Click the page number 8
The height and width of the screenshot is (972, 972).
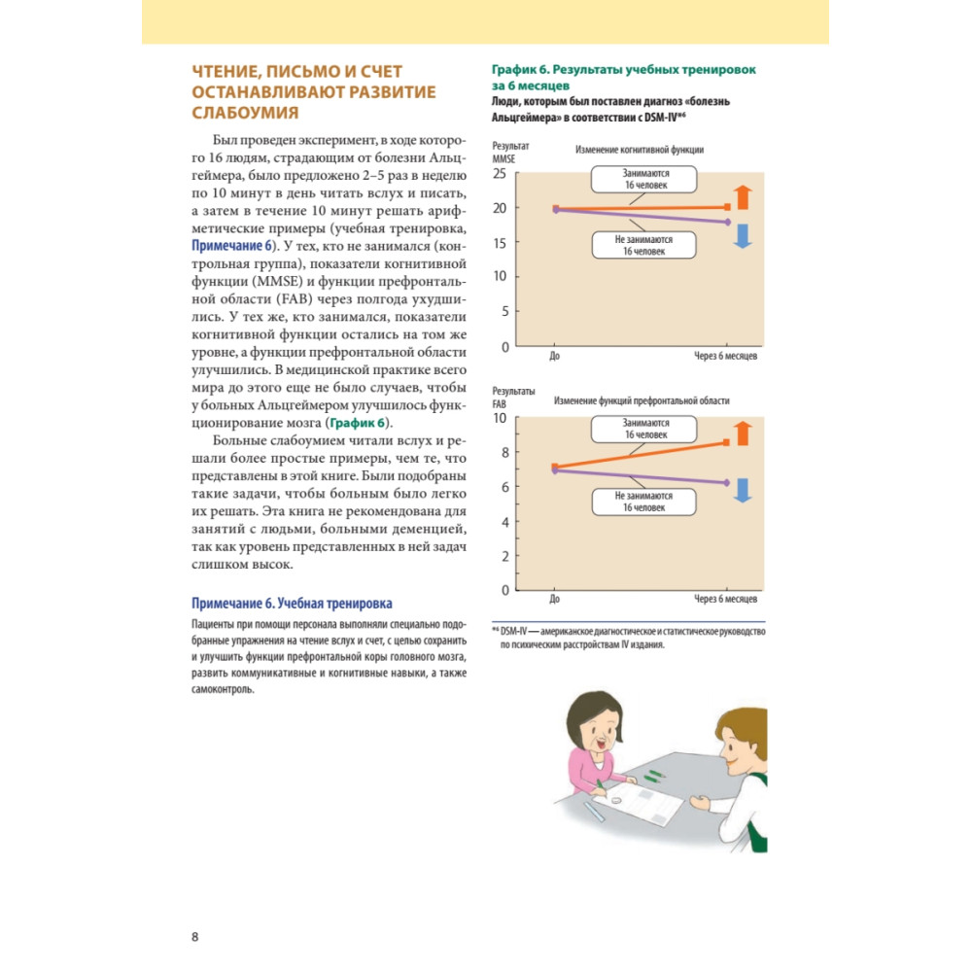pyautogui.click(x=195, y=937)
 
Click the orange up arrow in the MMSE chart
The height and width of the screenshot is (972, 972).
pyautogui.click(x=743, y=196)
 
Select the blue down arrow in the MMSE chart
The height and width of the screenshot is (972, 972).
pyautogui.click(x=743, y=235)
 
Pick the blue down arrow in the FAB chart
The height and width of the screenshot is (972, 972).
pyautogui.click(x=743, y=491)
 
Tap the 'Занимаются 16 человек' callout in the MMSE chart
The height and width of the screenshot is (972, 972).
pyautogui.click(x=645, y=178)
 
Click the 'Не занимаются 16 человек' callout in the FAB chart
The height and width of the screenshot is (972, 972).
pyautogui.click(x=645, y=502)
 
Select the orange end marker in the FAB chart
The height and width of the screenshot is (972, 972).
pyautogui.click(x=727, y=442)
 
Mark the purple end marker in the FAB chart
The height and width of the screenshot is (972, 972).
pyautogui.click(x=727, y=482)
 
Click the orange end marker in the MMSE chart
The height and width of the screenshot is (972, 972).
pyautogui.click(x=728, y=207)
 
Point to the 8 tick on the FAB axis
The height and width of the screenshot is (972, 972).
pyautogui.click(x=503, y=452)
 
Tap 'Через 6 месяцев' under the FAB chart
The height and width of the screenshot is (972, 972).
pyautogui.click(x=726, y=600)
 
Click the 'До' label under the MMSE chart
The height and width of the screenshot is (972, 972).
pyautogui.click(x=554, y=357)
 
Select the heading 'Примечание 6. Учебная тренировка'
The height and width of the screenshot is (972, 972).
pyautogui.click(x=293, y=604)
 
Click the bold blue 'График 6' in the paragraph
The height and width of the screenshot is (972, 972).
pyautogui.click(x=358, y=423)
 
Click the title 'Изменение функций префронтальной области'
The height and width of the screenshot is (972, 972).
pyautogui.click(x=642, y=400)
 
